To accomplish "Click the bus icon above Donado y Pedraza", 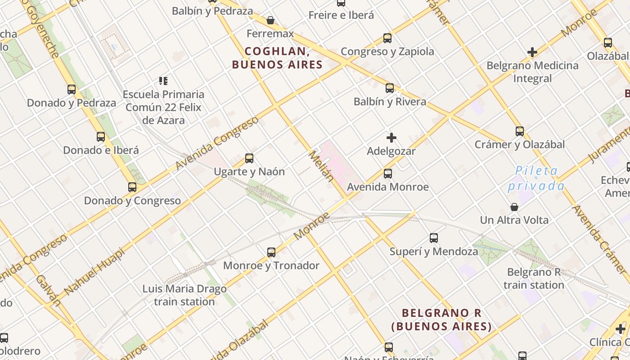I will point(72,89).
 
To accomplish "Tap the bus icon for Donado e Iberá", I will point(101,137).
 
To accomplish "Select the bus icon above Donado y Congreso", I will point(132,187).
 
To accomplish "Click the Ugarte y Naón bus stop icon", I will point(249,158).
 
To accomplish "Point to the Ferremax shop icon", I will point(270,20).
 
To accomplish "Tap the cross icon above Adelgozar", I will point(391,138).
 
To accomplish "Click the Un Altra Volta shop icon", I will point(514,207).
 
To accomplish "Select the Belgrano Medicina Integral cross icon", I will point(532,52).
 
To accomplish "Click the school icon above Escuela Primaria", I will point(163,81).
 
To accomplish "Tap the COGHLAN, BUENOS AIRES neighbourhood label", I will point(277,58).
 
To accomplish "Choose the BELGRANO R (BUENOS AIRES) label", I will point(441,319).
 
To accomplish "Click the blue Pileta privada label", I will point(536,178).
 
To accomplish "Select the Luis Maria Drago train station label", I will point(184,295).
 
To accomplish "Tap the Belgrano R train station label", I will point(534,279).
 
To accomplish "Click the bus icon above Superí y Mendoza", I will point(434,238).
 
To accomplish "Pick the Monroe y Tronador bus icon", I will point(271,252).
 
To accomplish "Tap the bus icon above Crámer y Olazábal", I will point(520,131).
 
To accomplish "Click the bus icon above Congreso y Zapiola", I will point(387,38).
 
